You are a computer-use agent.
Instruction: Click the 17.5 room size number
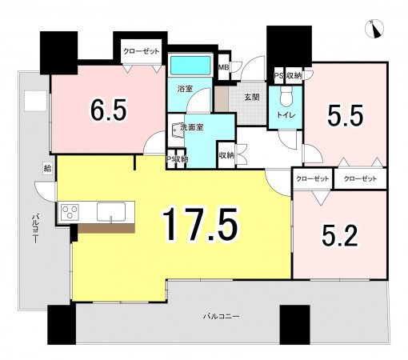[x=200, y=224]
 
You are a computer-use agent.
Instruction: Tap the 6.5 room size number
[x=108, y=110]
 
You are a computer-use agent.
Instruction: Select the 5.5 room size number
[x=345, y=115]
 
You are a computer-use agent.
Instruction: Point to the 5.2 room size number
[x=340, y=235]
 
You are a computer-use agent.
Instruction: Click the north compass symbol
[x=374, y=29]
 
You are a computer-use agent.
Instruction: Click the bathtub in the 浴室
[x=190, y=66]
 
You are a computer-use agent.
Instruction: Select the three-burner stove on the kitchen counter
[x=70, y=212]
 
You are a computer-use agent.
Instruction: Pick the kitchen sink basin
[x=111, y=212]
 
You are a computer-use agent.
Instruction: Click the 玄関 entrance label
[x=252, y=98]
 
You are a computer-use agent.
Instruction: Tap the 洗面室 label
[x=192, y=127]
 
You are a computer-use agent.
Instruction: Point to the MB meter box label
[x=223, y=67]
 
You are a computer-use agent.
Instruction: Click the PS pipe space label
[x=278, y=76]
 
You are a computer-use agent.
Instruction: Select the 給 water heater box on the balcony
[x=47, y=168]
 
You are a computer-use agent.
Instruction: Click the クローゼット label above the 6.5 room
[x=141, y=51]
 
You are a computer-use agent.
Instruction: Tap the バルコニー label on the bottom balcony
[x=222, y=317]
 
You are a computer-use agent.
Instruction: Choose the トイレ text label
[x=286, y=115]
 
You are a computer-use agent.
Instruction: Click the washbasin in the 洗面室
[x=177, y=130]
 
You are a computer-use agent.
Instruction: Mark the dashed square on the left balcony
[x=36, y=101]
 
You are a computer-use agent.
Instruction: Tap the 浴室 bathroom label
[x=185, y=89]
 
